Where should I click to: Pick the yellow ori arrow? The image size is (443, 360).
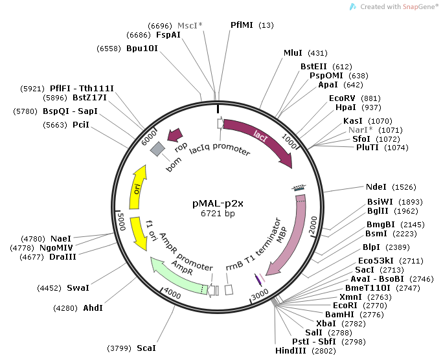coord(137,188)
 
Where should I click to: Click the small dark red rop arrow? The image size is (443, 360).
coord(174,135)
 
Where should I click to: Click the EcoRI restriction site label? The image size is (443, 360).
coord(345,304)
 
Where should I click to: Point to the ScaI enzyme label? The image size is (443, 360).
coord(146,348)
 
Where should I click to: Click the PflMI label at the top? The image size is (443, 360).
coord(242,25)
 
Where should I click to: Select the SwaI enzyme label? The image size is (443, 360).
coord(78,287)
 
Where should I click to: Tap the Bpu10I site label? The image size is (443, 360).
coord(142,49)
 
